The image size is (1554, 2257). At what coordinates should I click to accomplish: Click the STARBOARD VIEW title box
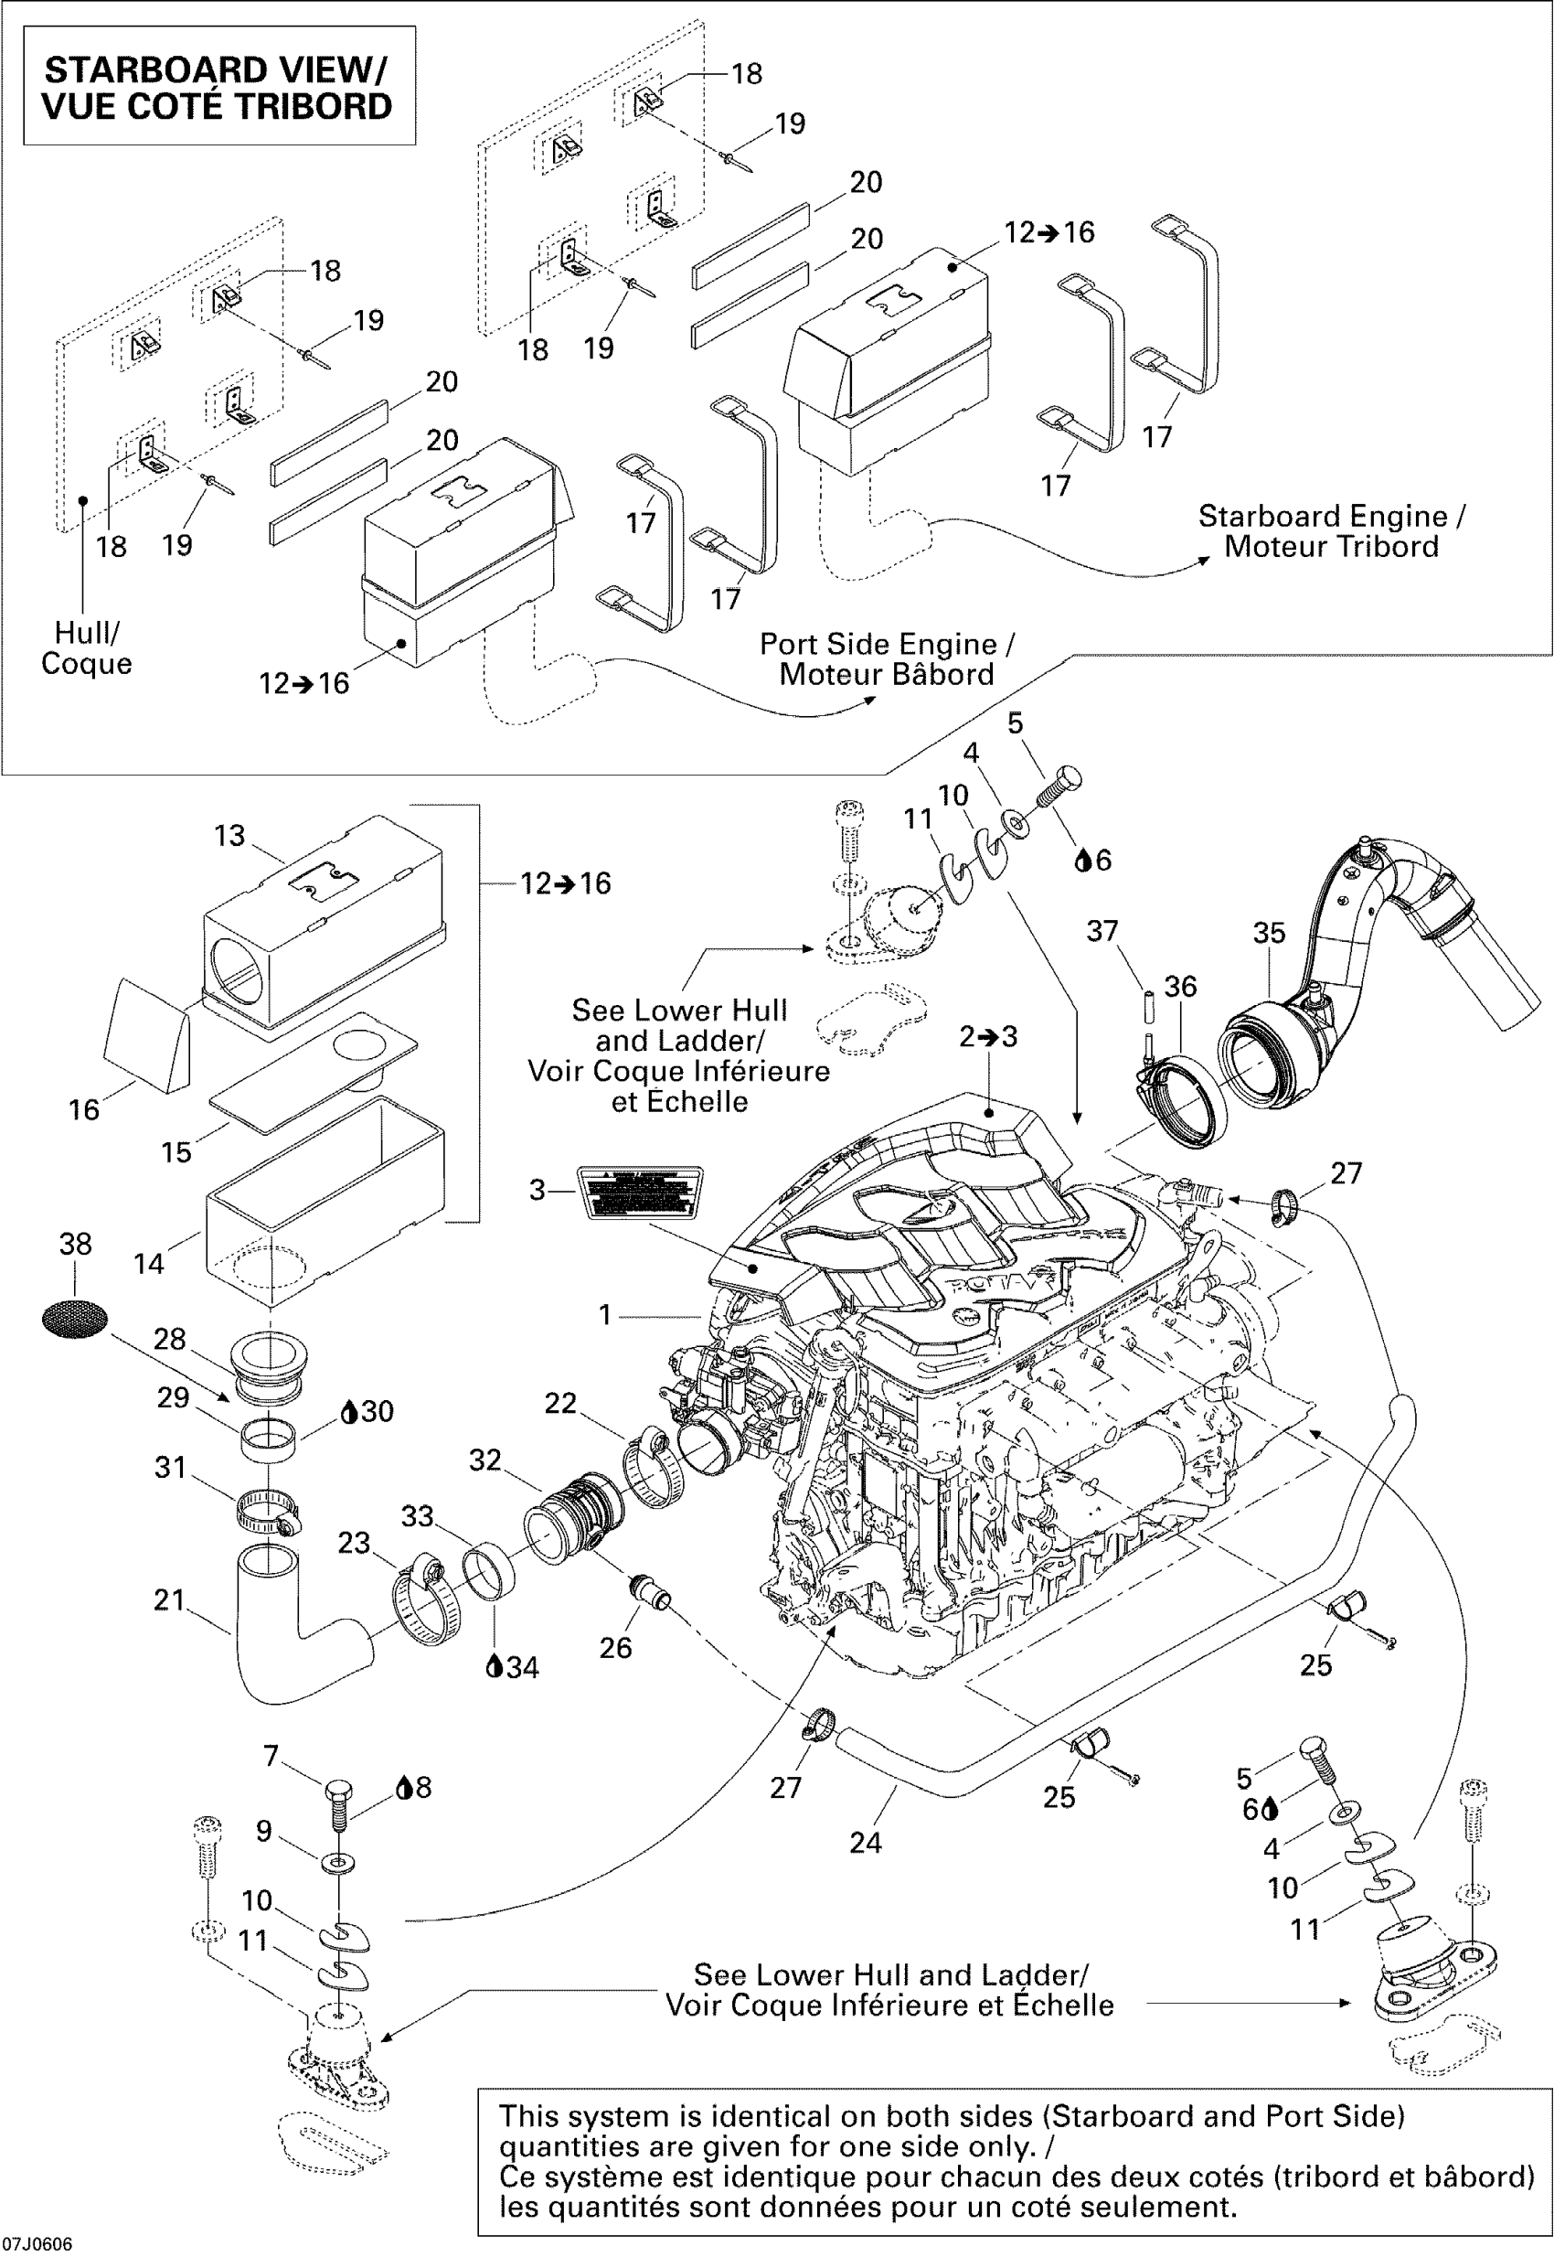point(219,87)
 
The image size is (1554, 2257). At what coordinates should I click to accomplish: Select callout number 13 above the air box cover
point(229,836)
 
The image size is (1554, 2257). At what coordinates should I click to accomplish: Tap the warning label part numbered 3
point(640,1192)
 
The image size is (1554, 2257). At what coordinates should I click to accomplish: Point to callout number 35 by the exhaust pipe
point(1269,933)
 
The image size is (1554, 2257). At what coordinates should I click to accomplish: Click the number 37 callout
point(1102,931)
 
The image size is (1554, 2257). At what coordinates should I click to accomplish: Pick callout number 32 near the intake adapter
point(484,1460)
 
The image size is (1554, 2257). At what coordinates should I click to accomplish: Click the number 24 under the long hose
point(866,1842)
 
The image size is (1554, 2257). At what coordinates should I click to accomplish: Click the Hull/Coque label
point(86,647)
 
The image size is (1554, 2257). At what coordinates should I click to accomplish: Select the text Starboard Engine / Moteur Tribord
point(1331,531)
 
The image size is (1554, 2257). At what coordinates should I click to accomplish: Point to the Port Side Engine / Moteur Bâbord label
point(886,659)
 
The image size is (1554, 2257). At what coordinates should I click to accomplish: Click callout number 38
point(75,1244)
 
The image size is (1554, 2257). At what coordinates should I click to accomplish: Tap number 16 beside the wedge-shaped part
point(84,1109)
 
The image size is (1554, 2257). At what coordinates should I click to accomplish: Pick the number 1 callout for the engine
point(604,1315)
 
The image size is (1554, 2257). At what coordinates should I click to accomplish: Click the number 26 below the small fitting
point(615,1647)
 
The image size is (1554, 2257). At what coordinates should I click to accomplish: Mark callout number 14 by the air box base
point(149,1264)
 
